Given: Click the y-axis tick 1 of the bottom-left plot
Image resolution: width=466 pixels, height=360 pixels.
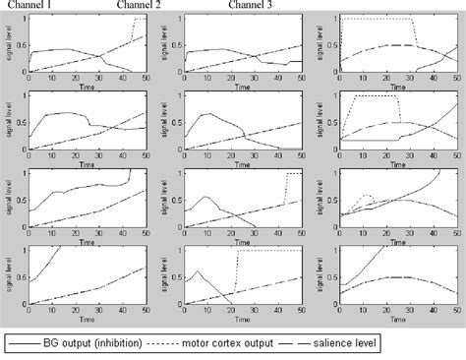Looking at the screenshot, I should (x=24, y=248).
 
